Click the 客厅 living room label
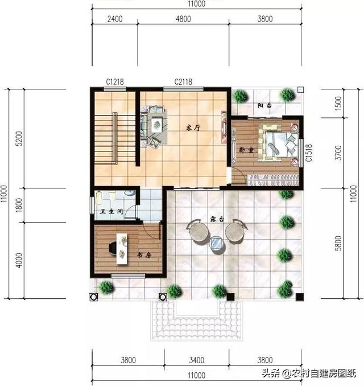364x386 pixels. pyautogui.click(x=193, y=128)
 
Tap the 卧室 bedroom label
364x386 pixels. pyautogui.click(x=246, y=150)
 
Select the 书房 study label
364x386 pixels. pyautogui.click(x=144, y=255)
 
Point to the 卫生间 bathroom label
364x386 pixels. pyautogui.click(x=111, y=211)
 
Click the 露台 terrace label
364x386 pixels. pyautogui.click(x=217, y=219)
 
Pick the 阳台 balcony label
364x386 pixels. pyautogui.click(x=264, y=105)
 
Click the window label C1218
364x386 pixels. pyautogui.click(x=115, y=82)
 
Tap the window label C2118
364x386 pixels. pyautogui.click(x=183, y=82)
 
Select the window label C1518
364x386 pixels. pyautogui.click(x=309, y=153)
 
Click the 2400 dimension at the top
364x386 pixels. pyautogui.click(x=115, y=19)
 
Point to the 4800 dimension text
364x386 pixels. pyautogui.click(x=183, y=19)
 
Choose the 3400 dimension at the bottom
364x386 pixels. pyautogui.click(x=197, y=360)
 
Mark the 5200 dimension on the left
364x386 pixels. pyautogui.click(x=19, y=138)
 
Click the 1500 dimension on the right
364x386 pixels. pyautogui.click(x=338, y=104)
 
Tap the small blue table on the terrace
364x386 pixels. pyautogui.click(x=217, y=243)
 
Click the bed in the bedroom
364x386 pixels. pyautogui.click(x=279, y=143)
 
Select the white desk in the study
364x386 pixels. pyautogui.click(x=122, y=249)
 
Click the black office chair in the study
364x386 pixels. pyautogui.click(x=113, y=248)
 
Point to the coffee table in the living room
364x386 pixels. pyautogui.click(x=156, y=125)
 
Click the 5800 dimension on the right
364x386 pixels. pyautogui.click(x=338, y=243)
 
